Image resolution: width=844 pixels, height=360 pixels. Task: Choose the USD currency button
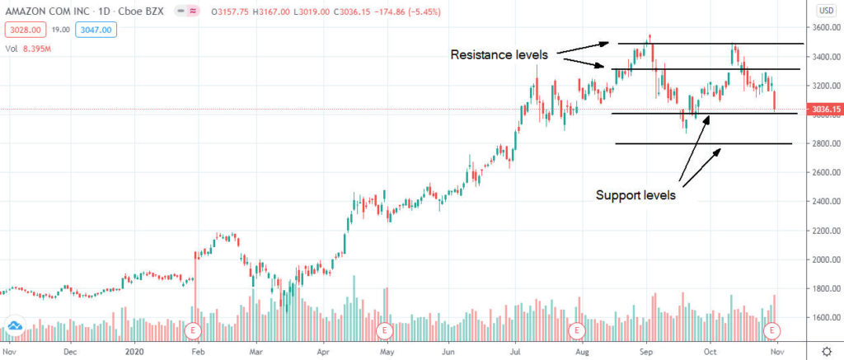[x=824, y=10]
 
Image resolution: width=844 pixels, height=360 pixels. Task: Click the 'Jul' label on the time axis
[x=516, y=349]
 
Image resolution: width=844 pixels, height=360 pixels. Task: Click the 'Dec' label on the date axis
[x=71, y=349]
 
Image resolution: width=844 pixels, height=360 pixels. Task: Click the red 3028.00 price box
[x=22, y=30]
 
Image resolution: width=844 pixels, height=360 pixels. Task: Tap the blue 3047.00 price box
[x=95, y=30]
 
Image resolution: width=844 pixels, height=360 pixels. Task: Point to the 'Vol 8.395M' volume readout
[x=29, y=47]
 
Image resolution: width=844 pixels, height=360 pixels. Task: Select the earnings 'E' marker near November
[x=773, y=330]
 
